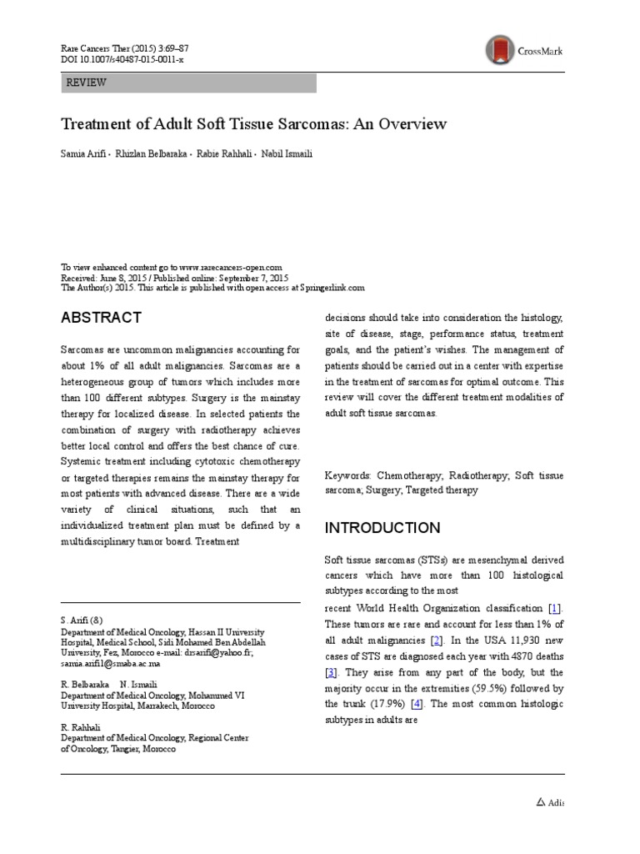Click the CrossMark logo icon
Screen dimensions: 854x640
(500, 50)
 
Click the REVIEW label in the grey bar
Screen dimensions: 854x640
(86, 83)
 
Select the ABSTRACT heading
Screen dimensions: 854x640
(102, 318)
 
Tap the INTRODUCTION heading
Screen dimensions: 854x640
(382, 528)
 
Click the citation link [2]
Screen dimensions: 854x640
(435, 640)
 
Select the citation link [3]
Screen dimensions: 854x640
(331, 672)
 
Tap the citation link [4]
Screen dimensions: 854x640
(417, 705)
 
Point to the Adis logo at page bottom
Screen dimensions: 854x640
(548, 802)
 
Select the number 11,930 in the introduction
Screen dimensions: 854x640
(522, 640)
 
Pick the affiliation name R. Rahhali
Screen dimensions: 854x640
(81, 727)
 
